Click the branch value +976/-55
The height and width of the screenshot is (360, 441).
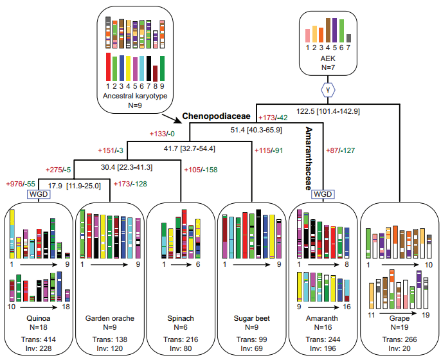coord(20,183)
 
